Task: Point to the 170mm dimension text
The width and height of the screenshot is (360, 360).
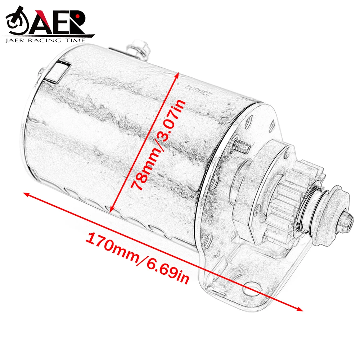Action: (x=110, y=246)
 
